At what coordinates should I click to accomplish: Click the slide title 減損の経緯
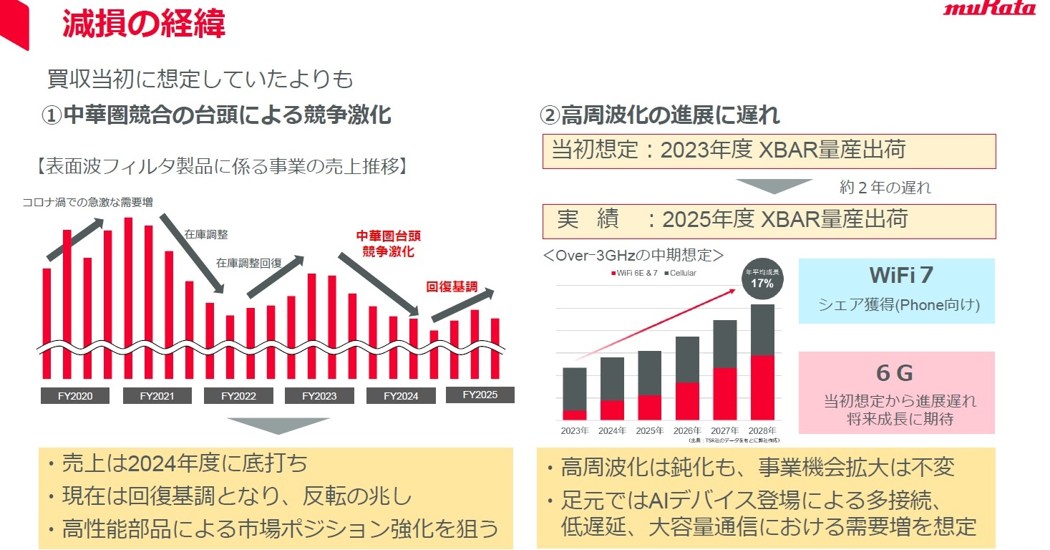[x=144, y=24]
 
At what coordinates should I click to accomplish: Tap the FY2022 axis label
[x=238, y=396]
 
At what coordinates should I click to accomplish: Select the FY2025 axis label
[x=480, y=395]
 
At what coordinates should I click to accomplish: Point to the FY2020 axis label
[x=76, y=396]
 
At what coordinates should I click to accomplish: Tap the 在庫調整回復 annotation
[x=248, y=263]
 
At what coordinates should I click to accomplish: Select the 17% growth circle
[x=762, y=279]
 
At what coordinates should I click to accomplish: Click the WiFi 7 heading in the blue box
[x=896, y=275]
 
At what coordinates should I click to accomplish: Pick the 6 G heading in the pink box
[x=895, y=373]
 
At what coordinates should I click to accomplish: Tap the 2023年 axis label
[x=575, y=430]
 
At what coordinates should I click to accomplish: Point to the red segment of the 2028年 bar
[x=762, y=387]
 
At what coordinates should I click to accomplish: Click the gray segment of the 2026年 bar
[x=687, y=359]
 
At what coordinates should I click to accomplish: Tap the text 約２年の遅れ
[x=885, y=188]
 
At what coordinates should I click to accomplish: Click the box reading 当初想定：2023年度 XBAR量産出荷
[x=767, y=151]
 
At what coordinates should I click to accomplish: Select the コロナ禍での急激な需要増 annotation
[x=87, y=202]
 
